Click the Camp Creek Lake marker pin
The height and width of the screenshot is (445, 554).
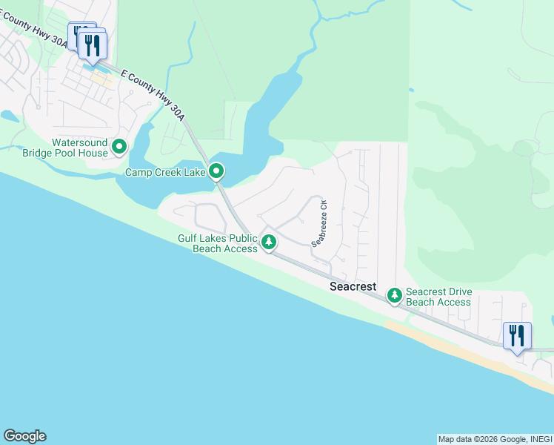point(216,172)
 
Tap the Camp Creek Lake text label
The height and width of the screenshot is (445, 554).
point(164,173)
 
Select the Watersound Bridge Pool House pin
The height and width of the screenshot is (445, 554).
point(119,148)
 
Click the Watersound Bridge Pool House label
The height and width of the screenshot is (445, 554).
point(79,148)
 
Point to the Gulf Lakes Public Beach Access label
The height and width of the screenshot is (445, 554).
point(217,243)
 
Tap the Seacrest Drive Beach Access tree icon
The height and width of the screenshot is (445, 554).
point(395,296)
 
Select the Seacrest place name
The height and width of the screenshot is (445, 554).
point(354,286)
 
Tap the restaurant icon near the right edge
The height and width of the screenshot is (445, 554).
point(516,336)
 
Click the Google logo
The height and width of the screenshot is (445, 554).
point(24,436)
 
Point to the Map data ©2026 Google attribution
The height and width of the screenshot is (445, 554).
point(482,439)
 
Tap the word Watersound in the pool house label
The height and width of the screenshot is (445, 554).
point(79,142)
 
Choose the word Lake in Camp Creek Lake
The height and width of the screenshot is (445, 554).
point(193,173)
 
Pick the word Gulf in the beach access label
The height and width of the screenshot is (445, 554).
point(189,238)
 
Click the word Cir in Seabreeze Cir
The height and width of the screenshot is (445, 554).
point(323,205)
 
